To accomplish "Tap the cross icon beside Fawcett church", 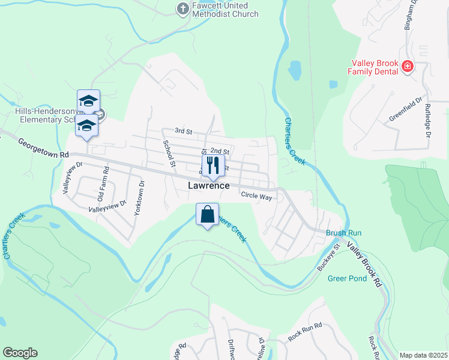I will (182, 8).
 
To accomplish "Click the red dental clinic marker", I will (408, 66).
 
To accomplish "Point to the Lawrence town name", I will (208, 186).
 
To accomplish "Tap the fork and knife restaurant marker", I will (212, 165).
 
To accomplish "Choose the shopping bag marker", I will (207, 214).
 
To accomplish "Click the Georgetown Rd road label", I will (43, 149).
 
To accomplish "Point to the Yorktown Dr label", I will (139, 199).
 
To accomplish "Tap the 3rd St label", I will (182, 131).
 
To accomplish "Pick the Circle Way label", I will (256, 196).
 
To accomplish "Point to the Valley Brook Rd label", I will (364, 266).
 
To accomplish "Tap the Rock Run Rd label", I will (305, 332).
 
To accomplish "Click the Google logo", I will (20, 353).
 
